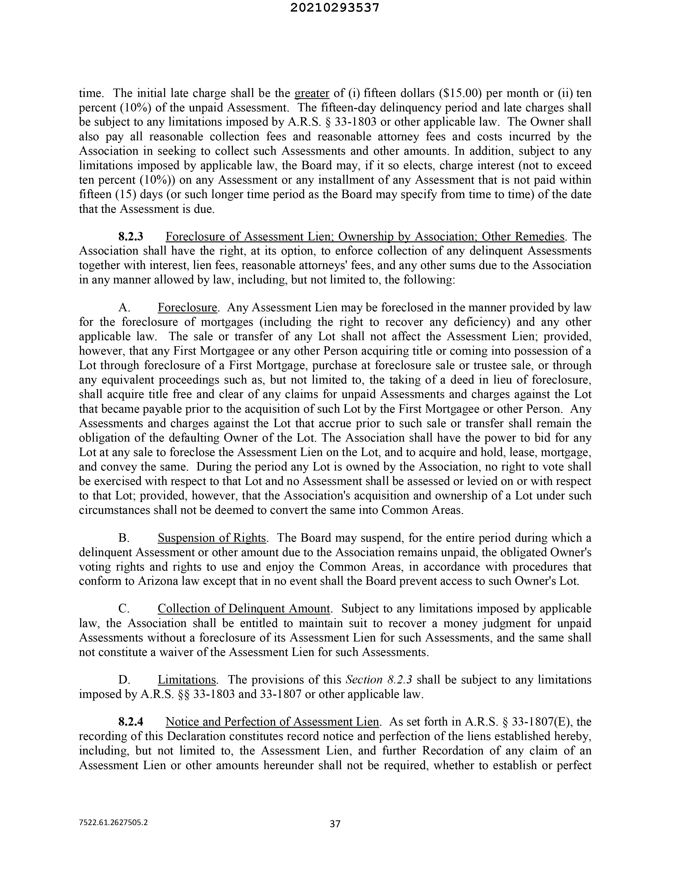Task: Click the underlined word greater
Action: [311, 93]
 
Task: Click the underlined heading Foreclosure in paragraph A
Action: [187, 308]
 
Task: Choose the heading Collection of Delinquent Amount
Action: [244, 609]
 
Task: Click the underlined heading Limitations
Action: [187, 680]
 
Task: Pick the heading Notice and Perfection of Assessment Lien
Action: [272, 722]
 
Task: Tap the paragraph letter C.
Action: [124, 609]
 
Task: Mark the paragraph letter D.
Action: [124, 680]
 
